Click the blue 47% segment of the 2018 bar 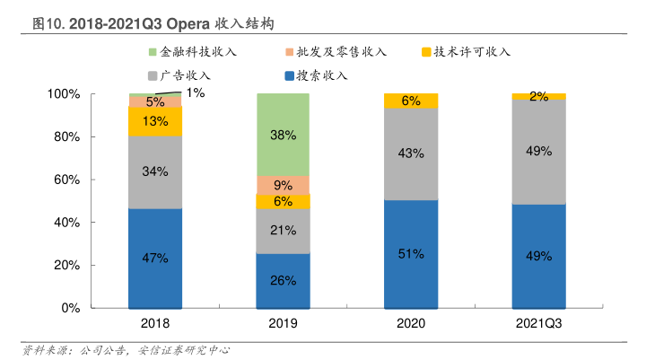click(155, 259)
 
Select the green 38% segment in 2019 click(283, 135)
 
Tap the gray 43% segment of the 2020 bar click(411, 154)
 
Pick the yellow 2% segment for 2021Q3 click(538, 96)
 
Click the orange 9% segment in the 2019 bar click(283, 185)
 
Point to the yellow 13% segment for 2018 click(155, 121)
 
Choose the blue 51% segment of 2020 click(411, 254)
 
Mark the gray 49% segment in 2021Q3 click(538, 152)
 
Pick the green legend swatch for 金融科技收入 click(153, 52)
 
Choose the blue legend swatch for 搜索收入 click(289, 75)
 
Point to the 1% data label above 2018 click(196, 92)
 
